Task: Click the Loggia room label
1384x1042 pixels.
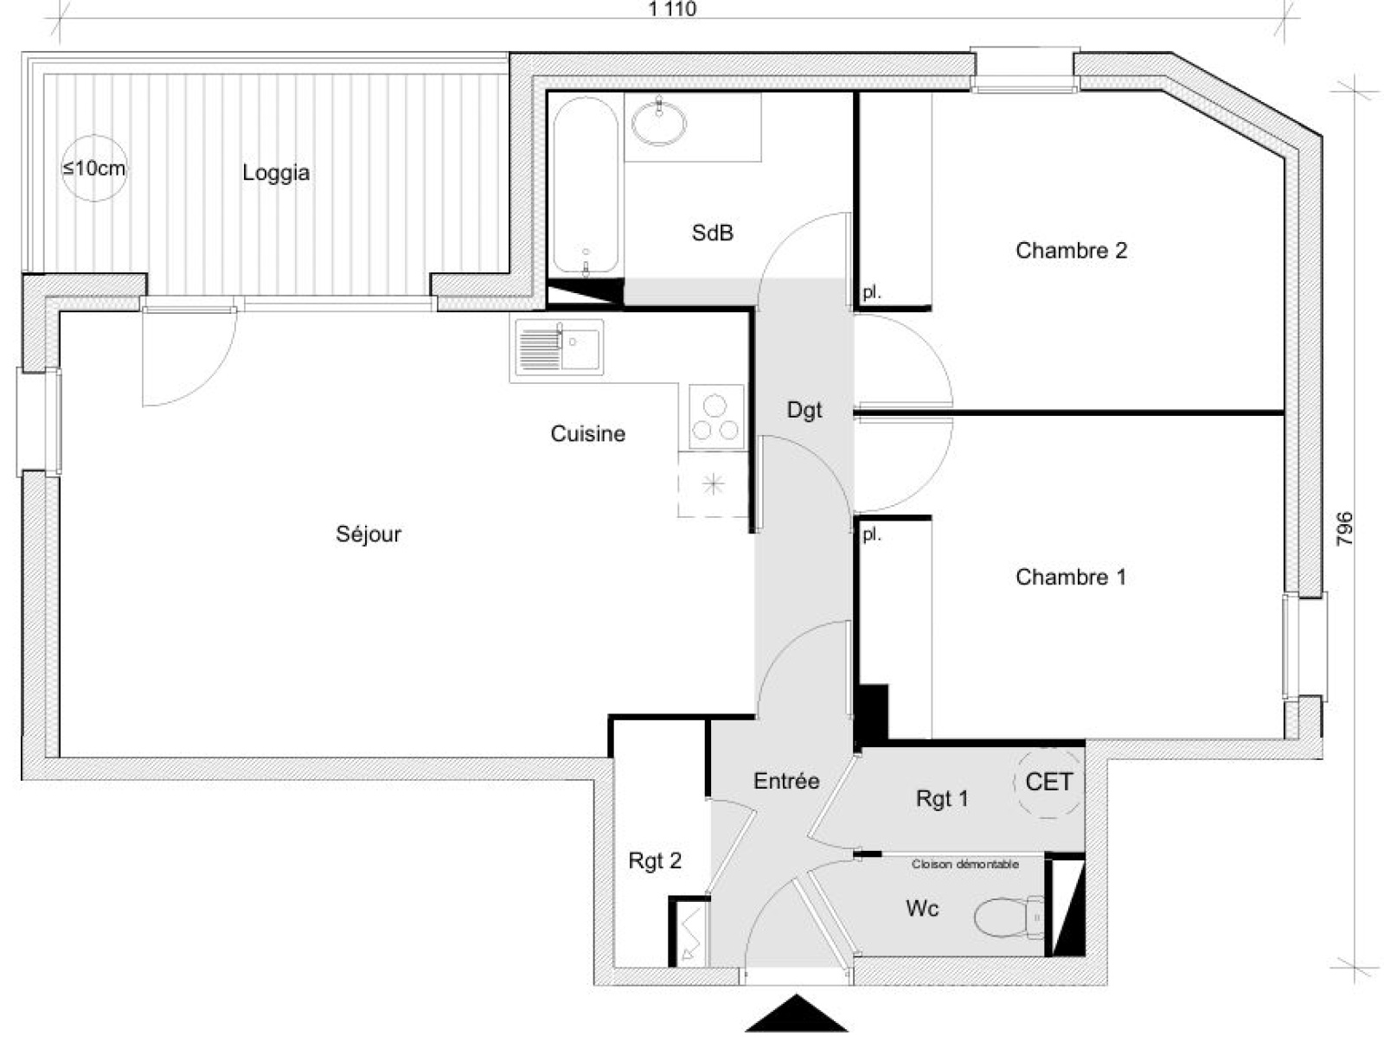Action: click(276, 173)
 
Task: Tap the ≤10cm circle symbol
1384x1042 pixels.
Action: click(94, 169)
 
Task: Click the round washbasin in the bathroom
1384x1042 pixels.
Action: click(659, 122)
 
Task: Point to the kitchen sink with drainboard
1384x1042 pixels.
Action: click(559, 347)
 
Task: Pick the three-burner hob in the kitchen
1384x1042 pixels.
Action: click(715, 417)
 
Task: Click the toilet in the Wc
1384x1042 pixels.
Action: click(1009, 917)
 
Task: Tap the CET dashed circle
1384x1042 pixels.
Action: click(1048, 783)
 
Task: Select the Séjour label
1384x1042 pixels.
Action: click(368, 534)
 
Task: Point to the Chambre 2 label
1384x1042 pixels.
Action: click(1071, 250)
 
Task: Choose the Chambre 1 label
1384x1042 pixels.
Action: click(1070, 576)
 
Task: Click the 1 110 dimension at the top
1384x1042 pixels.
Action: click(672, 9)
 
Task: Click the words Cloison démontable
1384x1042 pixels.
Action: click(964, 864)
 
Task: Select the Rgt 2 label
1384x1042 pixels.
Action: click(655, 860)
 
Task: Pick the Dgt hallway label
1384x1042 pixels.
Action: click(804, 411)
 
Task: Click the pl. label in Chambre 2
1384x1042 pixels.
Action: click(871, 292)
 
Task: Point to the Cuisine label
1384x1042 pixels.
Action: click(587, 433)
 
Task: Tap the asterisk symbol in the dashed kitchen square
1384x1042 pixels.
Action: click(713, 484)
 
